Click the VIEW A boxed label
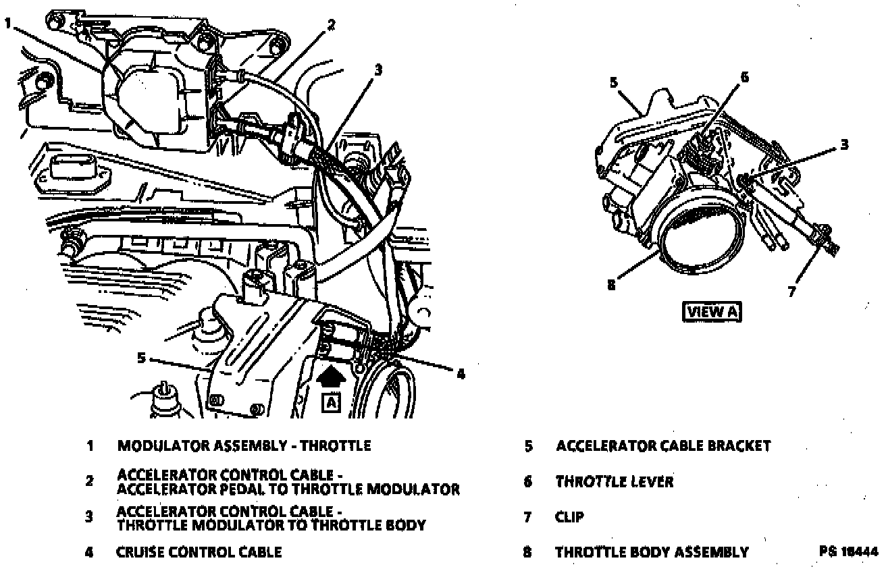[712, 312]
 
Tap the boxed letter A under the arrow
[331, 403]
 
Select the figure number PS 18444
[848, 551]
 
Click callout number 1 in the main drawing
[7, 23]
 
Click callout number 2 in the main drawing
[330, 25]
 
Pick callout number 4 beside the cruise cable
[461, 373]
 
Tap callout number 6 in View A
[744, 77]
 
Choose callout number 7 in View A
[791, 292]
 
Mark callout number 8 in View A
[611, 284]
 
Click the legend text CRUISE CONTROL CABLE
[199, 552]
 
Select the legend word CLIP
[570, 518]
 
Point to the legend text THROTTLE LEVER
[614, 482]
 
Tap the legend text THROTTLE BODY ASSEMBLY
[652, 552]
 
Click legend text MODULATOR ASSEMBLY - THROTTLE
[244, 445]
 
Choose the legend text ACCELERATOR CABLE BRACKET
[662, 445]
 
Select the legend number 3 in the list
[88, 517]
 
